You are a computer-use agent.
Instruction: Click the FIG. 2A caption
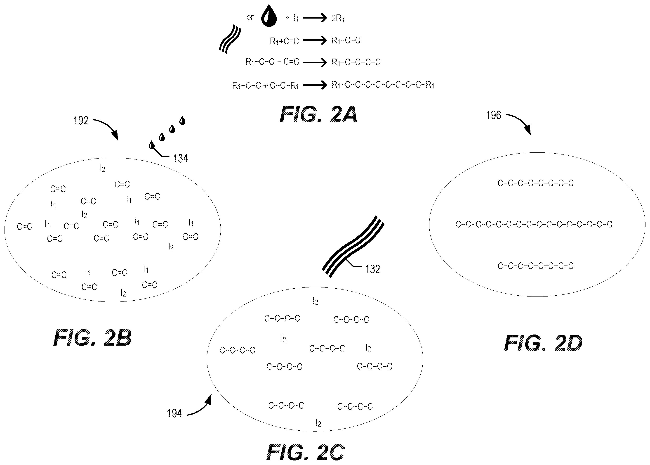point(318,114)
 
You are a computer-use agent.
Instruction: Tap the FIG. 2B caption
point(92,338)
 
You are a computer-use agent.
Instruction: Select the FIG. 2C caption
point(305,452)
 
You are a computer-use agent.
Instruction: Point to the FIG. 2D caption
point(543,343)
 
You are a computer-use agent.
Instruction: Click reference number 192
point(81,121)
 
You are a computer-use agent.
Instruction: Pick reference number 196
point(494,115)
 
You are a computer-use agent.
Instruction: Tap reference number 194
point(174,413)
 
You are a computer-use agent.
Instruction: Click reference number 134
point(181,159)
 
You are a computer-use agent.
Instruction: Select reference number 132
point(372,269)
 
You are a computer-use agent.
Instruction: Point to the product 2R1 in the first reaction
point(338,18)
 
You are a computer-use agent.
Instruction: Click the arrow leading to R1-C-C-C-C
point(315,62)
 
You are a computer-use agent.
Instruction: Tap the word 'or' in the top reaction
point(250,18)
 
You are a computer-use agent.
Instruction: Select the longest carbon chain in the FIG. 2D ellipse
point(534,224)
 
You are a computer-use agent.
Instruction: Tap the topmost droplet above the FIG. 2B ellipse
point(182,121)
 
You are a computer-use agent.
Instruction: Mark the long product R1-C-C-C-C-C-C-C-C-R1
point(383,85)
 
